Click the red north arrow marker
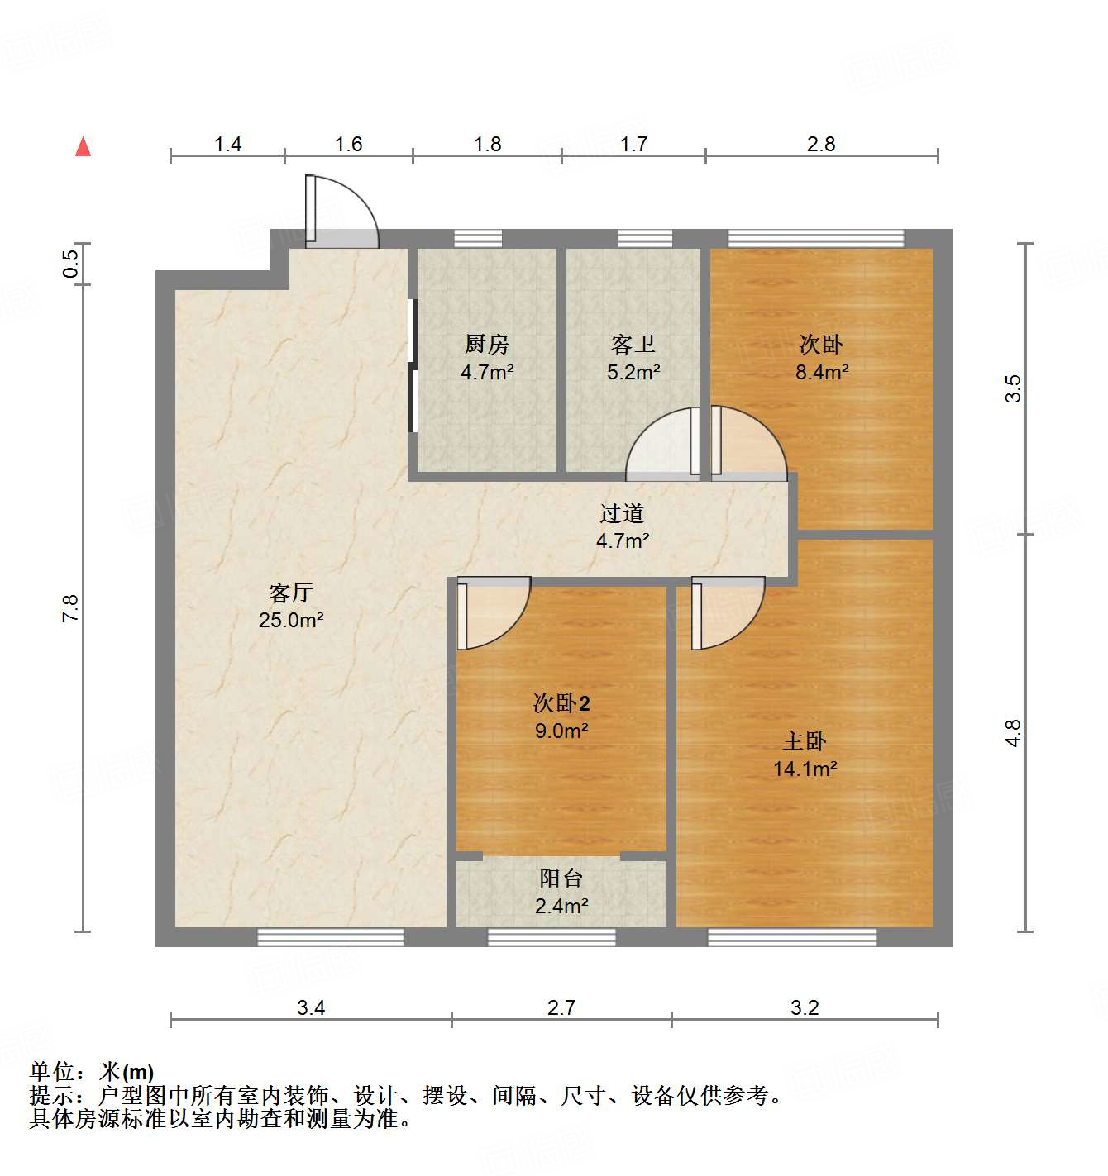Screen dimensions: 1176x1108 tap(83, 146)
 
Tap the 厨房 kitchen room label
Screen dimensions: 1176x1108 tap(487, 344)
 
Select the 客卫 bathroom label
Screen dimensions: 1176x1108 tap(633, 344)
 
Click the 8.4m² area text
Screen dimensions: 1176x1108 tap(822, 372)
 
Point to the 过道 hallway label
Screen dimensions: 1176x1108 tap(622, 513)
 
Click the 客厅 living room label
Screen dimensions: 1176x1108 tap(291, 593)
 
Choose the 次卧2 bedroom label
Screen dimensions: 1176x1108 tap(561, 703)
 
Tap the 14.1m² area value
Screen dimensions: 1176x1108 tap(805, 769)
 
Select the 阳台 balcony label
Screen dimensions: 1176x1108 tap(561, 878)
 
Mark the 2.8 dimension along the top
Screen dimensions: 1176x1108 tap(821, 145)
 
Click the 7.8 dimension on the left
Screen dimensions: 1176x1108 tap(71, 608)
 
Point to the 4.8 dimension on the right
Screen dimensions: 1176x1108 tap(1014, 733)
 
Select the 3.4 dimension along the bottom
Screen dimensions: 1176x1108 tap(311, 1007)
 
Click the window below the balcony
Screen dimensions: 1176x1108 tap(552, 937)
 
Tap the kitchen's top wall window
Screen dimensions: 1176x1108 tap(478, 239)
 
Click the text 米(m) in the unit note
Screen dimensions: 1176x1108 tap(127, 1072)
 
